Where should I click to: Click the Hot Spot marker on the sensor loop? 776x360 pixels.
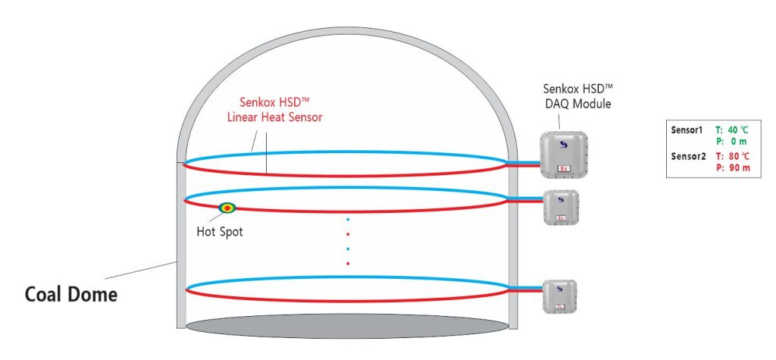227,208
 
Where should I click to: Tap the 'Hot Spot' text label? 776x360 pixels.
219,231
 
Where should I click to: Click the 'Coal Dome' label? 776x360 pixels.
71,293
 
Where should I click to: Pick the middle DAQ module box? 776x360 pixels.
562,207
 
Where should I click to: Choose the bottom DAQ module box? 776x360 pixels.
561,297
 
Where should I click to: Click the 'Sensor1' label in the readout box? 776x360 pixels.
687,130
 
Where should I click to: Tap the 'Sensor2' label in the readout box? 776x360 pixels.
687,156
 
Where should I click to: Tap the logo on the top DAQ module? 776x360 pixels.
562,144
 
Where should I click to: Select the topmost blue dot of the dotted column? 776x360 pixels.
348,219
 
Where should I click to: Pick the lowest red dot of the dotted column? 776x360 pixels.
348,263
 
